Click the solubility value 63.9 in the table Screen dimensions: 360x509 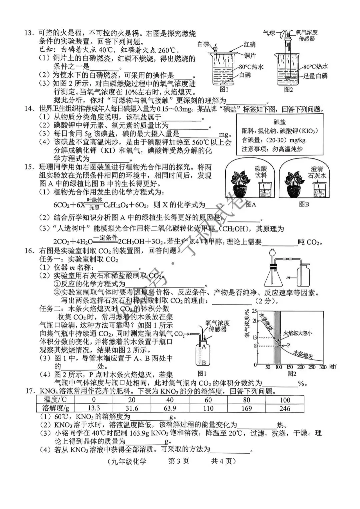170,408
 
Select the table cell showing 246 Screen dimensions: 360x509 285,408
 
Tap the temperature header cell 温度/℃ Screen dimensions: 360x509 55,400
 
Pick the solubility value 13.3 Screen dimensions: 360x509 94,408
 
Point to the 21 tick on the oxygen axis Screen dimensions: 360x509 255,321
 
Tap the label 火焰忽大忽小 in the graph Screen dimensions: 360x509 298,333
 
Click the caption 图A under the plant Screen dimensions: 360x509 251,204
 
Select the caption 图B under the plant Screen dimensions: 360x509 304,204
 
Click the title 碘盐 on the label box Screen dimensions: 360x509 279,122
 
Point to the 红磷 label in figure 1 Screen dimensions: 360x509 249,45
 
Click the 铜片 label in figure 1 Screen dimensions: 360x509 250,56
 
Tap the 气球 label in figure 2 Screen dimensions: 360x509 269,33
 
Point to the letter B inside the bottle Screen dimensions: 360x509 204,363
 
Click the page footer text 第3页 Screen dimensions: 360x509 179,461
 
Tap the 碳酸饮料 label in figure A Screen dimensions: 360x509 261,171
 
